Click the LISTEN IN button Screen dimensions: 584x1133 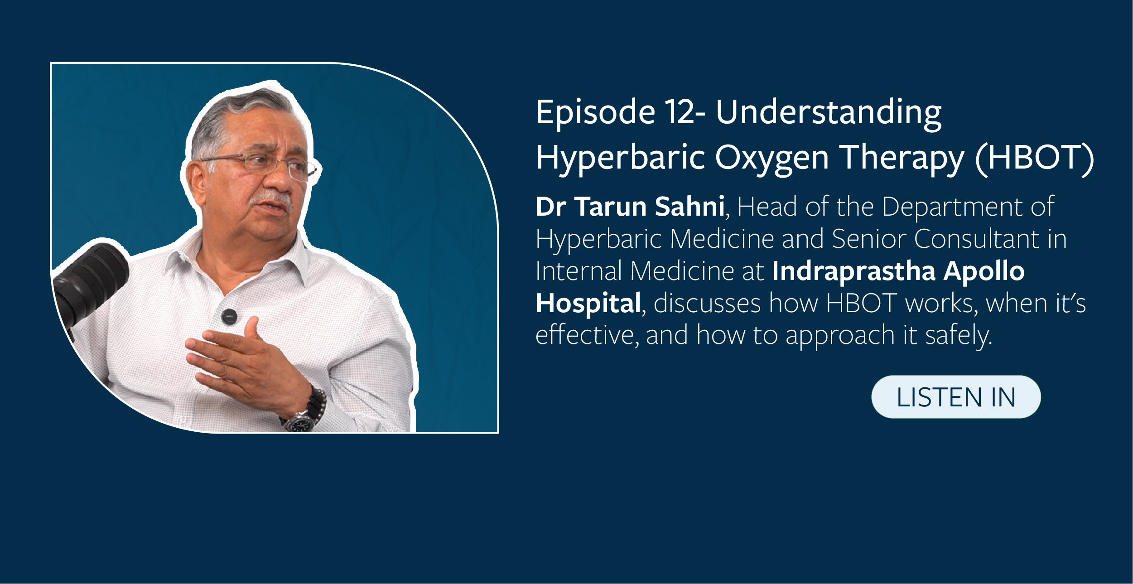pos(956,397)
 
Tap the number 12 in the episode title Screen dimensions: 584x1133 pos(680,112)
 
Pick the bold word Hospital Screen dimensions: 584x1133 pos(588,303)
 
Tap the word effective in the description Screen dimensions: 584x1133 pos(585,335)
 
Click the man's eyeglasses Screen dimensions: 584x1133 pos(267,163)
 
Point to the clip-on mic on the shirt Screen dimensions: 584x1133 pos(230,316)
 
